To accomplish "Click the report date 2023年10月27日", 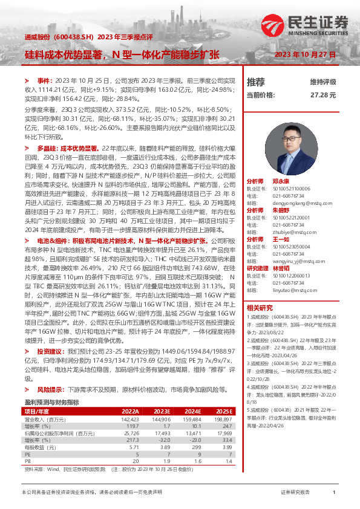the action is (x=305, y=54).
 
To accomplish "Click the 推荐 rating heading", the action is (x=256, y=82).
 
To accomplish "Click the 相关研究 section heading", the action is (x=260, y=308).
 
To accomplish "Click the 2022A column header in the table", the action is (x=130, y=412).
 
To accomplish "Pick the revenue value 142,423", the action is (x=130, y=418).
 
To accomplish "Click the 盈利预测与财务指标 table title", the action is (x=51, y=402).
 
